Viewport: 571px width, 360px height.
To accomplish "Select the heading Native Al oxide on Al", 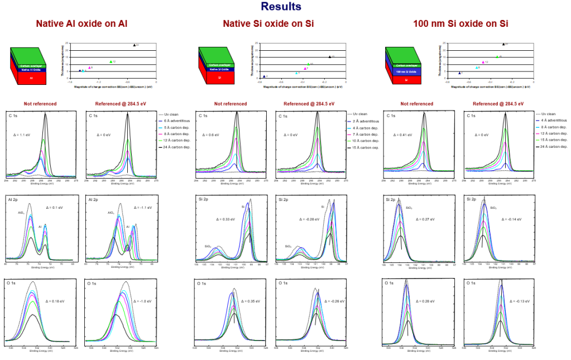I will click(x=82, y=24).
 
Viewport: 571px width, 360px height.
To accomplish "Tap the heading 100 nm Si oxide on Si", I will click(x=460, y=24).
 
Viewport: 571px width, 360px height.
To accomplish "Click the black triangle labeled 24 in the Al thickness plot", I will click(x=135, y=45).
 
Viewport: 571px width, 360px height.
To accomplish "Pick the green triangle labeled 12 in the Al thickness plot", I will click(x=111, y=61).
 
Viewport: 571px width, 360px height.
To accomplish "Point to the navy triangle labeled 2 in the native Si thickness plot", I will click(x=264, y=76).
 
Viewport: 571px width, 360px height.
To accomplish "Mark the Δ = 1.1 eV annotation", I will click(x=22, y=135).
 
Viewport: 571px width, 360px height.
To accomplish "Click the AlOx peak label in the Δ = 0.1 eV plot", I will click(x=21, y=213).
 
